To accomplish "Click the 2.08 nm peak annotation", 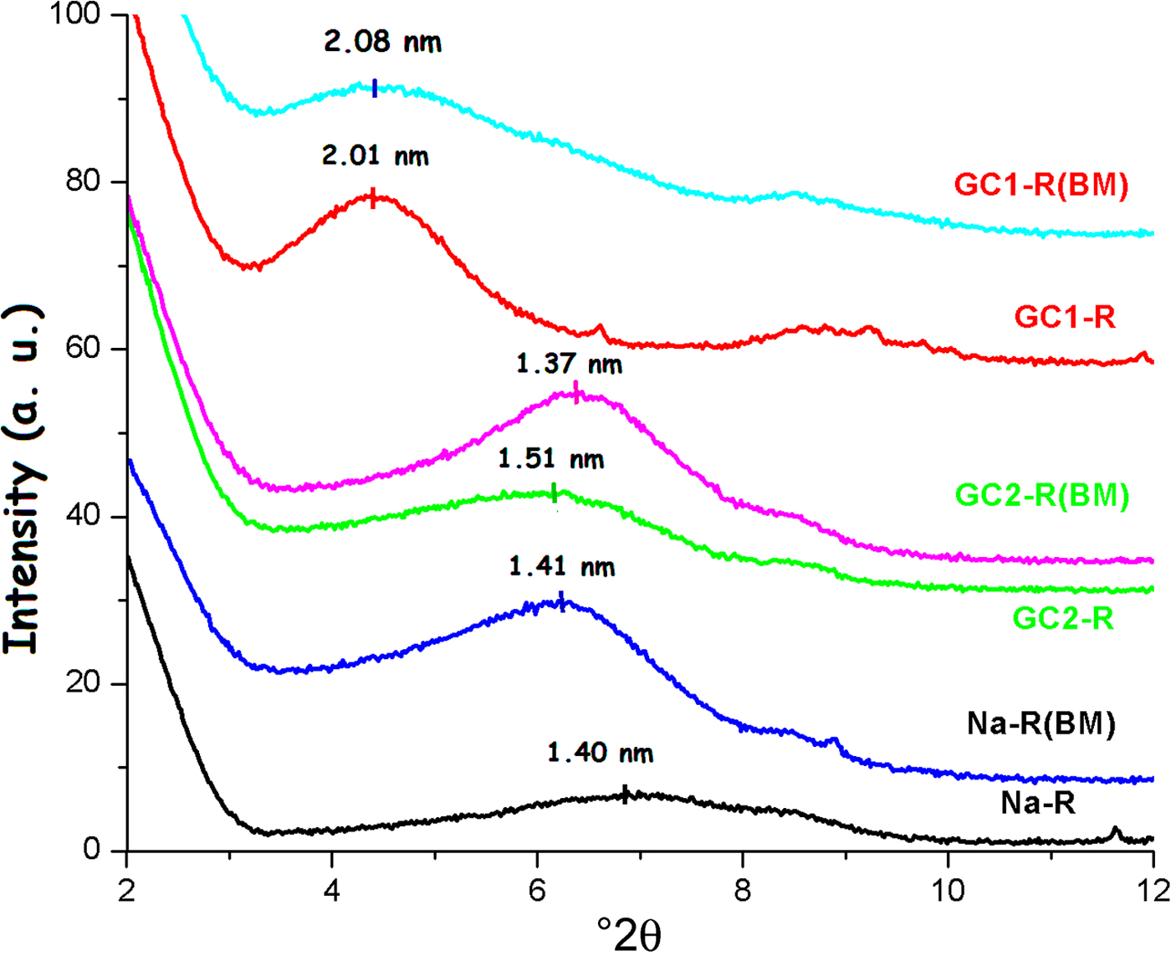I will [382, 42].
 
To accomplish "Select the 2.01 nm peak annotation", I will [376, 156].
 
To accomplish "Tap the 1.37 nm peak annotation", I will [569, 364].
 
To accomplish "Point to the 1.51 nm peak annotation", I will [550, 459].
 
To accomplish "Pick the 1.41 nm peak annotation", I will [561, 567].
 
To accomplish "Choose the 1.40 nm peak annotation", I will [600, 753].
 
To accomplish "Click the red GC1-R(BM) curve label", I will [1041, 184].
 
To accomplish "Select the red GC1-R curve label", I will [1064, 317].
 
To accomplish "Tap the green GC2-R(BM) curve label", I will [1042, 495].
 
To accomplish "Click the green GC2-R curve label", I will [1063, 619].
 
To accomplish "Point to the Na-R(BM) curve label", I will [1041, 723].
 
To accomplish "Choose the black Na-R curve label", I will [1038, 803].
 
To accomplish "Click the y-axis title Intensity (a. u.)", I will [23, 479].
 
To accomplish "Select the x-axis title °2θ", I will [628, 933].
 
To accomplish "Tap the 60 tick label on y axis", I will [84, 348].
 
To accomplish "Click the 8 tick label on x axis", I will [743, 891].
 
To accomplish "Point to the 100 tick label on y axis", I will [76, 14].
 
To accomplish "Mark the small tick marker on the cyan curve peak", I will [375, 88].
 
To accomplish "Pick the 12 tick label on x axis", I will [1153, 891].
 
